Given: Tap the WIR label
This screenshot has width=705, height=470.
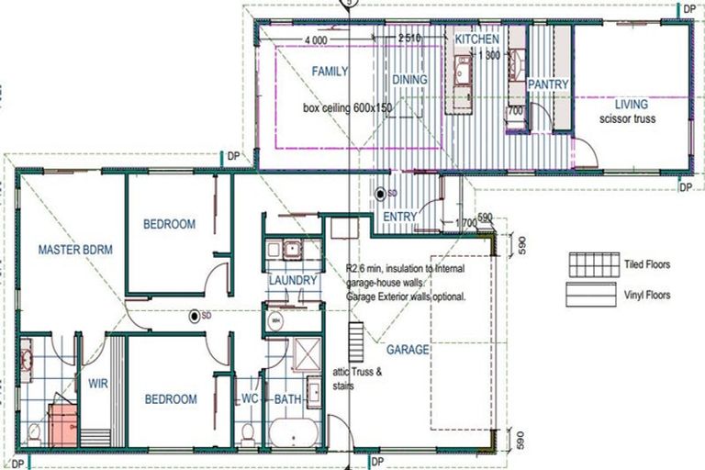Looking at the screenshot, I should pyautogui.click(x=98, y=385).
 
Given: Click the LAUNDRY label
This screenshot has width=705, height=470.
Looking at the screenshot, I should pyautogui.click(x=293, y=280).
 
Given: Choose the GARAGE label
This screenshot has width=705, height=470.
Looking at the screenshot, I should pyautogui.click(x=408, y=350).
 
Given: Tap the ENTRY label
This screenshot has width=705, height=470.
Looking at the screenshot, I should pyautogui.click(x=401, y=217).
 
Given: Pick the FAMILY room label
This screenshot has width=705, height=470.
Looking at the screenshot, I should pyautogui.click(x=329, y=71).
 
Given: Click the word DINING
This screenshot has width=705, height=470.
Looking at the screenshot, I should pyautogui.click(x=409, y=80).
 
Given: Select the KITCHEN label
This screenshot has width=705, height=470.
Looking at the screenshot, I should pyautogui.click(x=477, y=39).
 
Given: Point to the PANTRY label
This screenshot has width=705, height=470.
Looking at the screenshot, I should pyautogui.click(x=548, y=84).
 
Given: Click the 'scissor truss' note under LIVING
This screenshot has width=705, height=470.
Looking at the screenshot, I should pyautogui.click(x=627, y=119).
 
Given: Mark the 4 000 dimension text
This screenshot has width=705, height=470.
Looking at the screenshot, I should pyautogui.click(x=315, y=39).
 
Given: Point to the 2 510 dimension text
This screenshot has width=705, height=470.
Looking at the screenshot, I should pyautogui.click(x=409, y=39).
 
